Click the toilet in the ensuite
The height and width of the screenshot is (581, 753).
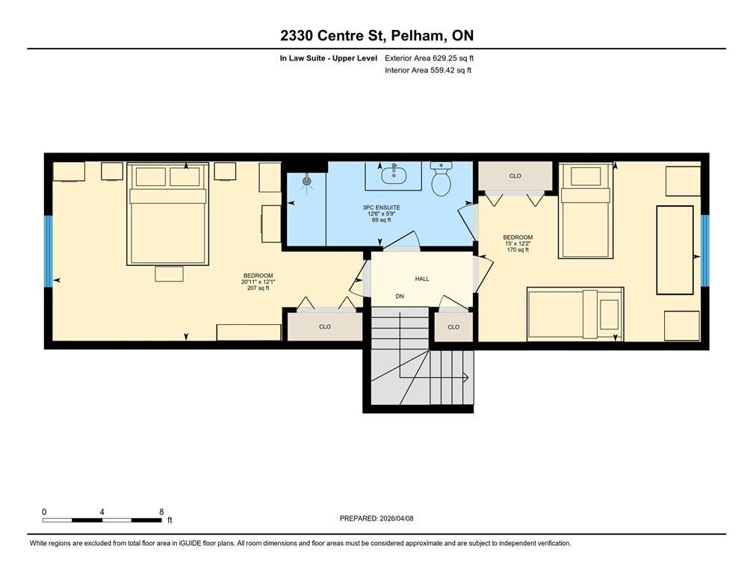click(x=441, y=178)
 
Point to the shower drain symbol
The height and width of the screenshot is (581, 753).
click(x=307, y=181)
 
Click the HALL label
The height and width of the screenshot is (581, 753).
click(x=422, y=279)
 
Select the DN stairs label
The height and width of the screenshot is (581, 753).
click(x=400, y=296)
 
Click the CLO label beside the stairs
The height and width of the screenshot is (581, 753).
click(x=453, y=327)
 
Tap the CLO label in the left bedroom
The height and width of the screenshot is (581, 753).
click(x=325, y=326)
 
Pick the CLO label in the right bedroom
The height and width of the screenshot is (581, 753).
click(x=515, y=176)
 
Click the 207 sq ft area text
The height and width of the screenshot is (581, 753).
click(x=258, y=288)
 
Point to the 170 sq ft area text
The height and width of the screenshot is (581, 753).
click(x=518, y=249)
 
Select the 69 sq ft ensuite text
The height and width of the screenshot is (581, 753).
click(x=381, y=220)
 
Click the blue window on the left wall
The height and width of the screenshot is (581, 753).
click(x=48, y=251)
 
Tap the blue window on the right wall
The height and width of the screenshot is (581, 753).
click(x=704, y=250)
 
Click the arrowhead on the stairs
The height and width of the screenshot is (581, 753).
click(x=466, y=377)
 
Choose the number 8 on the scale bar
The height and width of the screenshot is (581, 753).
click(x=161, y=512)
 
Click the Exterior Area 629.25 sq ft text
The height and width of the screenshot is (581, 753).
click(x=430, y=58)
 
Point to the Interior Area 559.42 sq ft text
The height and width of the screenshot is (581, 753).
click(x=428, y=70)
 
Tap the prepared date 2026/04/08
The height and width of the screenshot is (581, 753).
click(x=397, y=518)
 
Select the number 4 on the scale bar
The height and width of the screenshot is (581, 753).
click(x=102, y=512)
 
